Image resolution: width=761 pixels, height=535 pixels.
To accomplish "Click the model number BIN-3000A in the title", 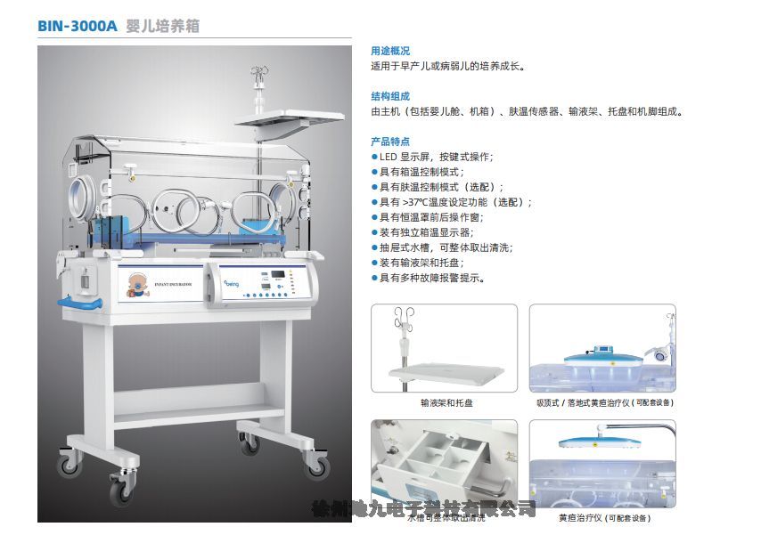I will pyautogui.click(x=77, y=27).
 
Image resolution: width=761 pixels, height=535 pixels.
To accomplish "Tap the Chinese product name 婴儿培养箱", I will pyautogui.click(x=163, y=27).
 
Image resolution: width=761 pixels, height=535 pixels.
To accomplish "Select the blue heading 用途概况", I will pyautogui.click(x=390, y=51).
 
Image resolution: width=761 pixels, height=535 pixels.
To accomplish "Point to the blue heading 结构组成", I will pyautogui.click(x=390, y=96).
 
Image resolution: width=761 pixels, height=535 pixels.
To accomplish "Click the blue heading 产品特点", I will pyautogui.click(x=390, y=142).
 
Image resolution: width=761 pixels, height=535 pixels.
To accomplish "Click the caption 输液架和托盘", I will pyautogui.click(x=446, y=402).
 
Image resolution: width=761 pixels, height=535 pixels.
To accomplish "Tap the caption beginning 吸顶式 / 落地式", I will pyautogui.click(x=603, y=402).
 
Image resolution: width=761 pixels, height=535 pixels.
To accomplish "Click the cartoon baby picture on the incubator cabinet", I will pyautogui.click(x=137, y=284).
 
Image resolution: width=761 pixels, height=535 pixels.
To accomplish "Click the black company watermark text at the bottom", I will pyautogui.click(x=424, y=509).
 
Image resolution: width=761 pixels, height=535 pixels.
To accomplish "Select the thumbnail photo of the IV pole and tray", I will pyautogui.click(x=444, y=348).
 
